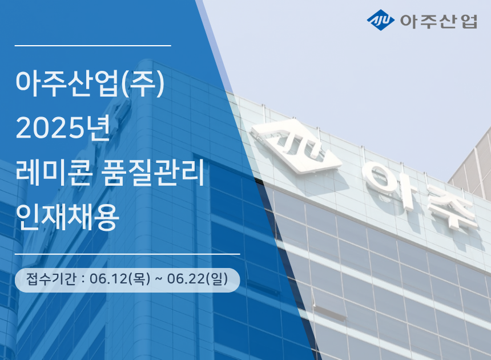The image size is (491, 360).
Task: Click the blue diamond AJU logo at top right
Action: point(381,21)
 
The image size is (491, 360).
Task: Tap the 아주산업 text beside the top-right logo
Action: point(439,22)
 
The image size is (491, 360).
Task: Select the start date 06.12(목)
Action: point(120,279)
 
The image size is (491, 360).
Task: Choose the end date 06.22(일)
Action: point(198,279)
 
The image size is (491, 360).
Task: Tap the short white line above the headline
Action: point(92,45)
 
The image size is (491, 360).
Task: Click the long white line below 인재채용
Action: point(127,253)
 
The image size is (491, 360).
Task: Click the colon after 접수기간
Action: point(83,280)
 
